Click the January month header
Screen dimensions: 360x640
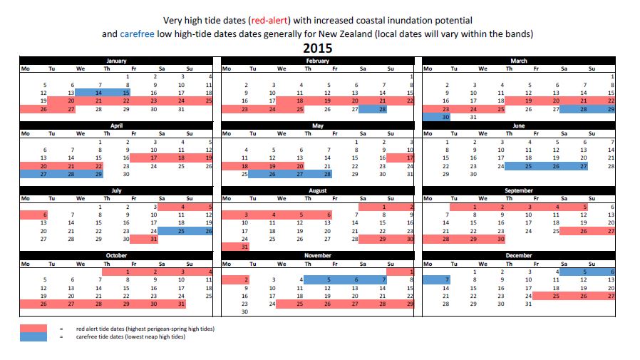(x=116, y=61)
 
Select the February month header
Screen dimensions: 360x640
(x=317, y=61)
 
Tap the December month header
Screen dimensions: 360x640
(x=518, y=255)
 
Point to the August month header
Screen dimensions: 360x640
(x=317, y=191)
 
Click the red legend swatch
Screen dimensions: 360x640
(x=33, y=329)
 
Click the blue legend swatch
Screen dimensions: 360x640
(x=33, y=336)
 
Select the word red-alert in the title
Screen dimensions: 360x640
(x=267, y=20)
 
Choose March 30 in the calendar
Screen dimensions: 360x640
(x=439, y=117)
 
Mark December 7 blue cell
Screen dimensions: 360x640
(x=439, y=279)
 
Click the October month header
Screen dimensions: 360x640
(x=116, y=255)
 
